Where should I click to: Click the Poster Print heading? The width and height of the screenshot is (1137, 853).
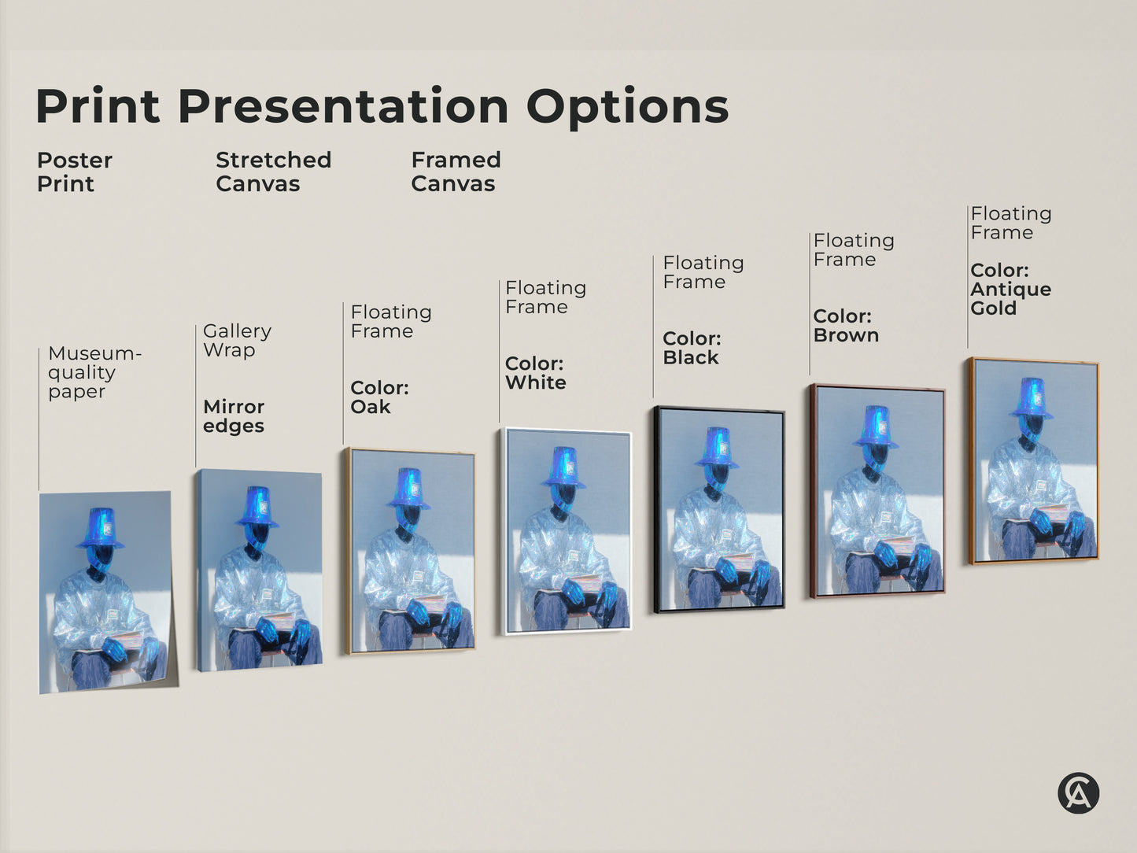74,172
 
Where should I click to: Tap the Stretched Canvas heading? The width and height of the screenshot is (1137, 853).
273,172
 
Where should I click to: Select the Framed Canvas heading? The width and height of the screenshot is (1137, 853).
456,172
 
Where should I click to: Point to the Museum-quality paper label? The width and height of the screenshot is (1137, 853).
94,372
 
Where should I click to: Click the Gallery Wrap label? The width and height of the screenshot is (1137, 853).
237,340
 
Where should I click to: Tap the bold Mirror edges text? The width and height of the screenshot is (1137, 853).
234,416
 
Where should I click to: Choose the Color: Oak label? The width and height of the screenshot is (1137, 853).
379,397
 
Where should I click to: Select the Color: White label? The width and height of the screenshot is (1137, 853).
535,373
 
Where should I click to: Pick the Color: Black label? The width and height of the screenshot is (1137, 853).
692,348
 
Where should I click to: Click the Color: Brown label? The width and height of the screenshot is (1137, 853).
845,326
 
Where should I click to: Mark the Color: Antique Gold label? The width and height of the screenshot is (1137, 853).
1010,289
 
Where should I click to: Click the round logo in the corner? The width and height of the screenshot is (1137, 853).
1077,792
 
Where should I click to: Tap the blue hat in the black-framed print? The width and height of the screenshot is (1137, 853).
717,447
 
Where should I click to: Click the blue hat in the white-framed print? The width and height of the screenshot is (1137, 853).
563,467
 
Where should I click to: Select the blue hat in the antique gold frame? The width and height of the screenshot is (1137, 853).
1032,398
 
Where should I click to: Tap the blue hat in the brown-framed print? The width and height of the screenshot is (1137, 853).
875,427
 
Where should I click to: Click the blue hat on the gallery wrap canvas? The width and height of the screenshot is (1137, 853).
257,506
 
